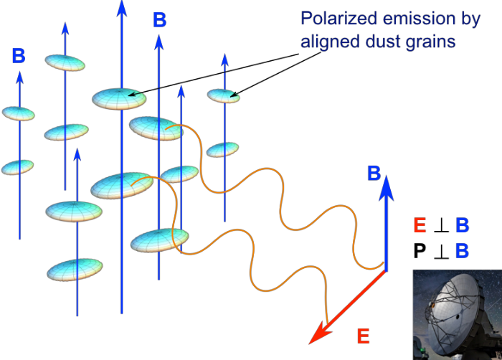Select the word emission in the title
click(409, 19)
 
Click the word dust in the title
click(382, 42)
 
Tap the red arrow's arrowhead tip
click(310, 341)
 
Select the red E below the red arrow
click(363, 334)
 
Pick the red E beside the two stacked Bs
click(420, 226)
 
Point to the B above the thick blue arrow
click(374, 173)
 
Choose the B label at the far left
click(19, 55)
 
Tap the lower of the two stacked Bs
click(463, 251)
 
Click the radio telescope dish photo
click(457, 314)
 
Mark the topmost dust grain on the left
click(65, 62)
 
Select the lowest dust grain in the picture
click(75, 270)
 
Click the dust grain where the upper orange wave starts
click(156, 128)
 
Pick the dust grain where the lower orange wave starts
click(122, 186)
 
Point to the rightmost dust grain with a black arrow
click(224, 95)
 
